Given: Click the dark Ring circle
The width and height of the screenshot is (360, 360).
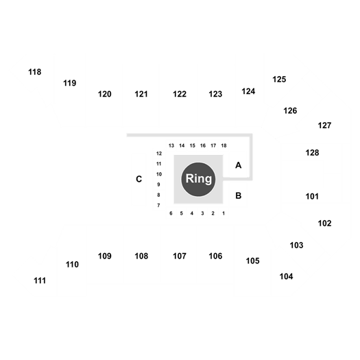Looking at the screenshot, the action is [x=198, y=179].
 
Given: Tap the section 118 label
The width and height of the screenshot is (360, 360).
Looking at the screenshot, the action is [x=35, y=72].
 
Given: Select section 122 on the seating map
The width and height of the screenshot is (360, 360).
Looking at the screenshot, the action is [x=180, y=94].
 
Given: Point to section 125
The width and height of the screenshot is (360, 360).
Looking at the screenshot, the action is [x=279, y=80].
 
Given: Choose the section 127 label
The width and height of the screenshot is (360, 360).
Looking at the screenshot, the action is [x=324, y=125].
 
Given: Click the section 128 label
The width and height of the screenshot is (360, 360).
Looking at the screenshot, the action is [x=312, y=153].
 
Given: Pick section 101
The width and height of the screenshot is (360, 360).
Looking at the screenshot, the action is [x=312, y=197].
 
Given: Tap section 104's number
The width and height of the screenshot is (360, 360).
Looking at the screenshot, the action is [x=286, y=276].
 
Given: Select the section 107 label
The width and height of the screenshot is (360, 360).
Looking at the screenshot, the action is [x=180, y=256].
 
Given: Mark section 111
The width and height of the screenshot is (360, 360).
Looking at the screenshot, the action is [x=40, y=280].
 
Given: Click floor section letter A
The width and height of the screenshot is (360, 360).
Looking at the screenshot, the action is [x=239, y=165].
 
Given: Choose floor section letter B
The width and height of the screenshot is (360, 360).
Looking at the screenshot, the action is [x=239, y=195].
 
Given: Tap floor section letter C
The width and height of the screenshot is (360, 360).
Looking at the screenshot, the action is [x=139, y=179].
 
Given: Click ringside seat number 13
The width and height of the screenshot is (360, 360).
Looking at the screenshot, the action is [x=171, y=145].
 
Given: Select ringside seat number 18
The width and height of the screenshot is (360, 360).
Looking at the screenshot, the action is [x=224, y=145].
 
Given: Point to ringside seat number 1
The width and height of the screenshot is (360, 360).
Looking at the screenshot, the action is [x=224, y=213].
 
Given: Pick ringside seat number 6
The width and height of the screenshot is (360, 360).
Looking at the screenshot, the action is [x=171, y=213].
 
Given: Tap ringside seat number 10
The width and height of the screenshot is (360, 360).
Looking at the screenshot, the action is [x=159, y=174].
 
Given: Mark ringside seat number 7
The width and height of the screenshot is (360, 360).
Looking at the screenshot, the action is [x=158, y=205].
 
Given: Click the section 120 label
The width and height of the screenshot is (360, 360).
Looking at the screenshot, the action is [x=105, y=94].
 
